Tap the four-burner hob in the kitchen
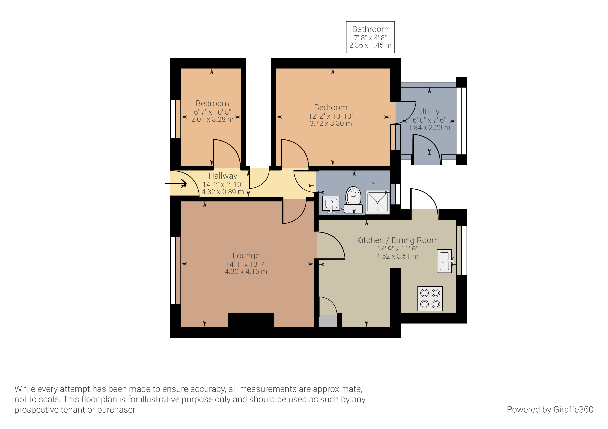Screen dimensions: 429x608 [430, 298]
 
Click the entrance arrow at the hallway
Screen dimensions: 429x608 [176, 183]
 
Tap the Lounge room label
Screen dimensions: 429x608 [246, 256]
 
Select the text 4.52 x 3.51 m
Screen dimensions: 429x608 [397, 256]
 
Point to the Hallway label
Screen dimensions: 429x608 [223, 176]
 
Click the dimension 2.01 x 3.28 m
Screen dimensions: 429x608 [212, 120]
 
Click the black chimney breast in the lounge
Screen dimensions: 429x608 [251, 320]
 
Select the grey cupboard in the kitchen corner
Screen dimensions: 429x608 [328, 321]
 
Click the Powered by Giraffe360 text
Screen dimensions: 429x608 [550, 409]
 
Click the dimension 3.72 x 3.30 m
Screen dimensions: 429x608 [331, 124]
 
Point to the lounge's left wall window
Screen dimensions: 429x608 [173, 270]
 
